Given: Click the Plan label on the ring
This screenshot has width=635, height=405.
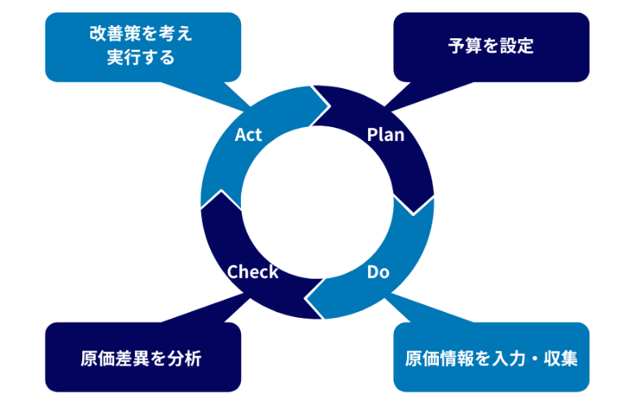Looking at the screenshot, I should tap(385, 134).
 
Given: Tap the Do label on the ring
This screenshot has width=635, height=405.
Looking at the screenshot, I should tap(378, 271).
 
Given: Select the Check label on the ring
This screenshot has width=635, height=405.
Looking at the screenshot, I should tap(252, 271).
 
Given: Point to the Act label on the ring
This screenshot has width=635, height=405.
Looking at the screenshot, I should tap(248, 134).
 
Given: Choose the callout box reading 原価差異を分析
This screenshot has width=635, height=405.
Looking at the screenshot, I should tap(142, 357).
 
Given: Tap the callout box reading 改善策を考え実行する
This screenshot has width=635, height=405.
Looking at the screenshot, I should tap(142, 46).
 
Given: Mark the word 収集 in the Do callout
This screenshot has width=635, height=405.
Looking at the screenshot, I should tap(561, 358).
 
